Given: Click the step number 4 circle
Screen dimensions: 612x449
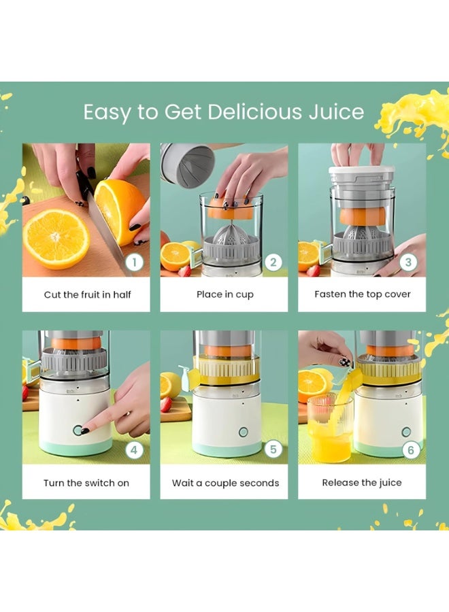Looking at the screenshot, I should [x=135, y=449].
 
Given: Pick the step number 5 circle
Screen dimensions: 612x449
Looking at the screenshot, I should [x=273, y=449].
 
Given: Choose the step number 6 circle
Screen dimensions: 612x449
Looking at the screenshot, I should [x=409, y=449].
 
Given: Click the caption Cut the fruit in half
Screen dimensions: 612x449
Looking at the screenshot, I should [x=87, y=294].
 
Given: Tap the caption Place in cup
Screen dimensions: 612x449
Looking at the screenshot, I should [x=224, y=294].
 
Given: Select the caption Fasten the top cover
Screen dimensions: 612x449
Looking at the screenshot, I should [x=362, y=294].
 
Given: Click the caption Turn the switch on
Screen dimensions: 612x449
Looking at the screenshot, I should [x=86, y=483].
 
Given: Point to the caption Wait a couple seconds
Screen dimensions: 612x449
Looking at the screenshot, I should [x=225, y=483].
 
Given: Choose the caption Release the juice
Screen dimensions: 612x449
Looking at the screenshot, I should [x=362, y=483].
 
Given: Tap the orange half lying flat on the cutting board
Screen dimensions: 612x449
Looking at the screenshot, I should [x=56, y=238].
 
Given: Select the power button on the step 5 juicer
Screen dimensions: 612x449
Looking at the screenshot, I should [x=243, y=432].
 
